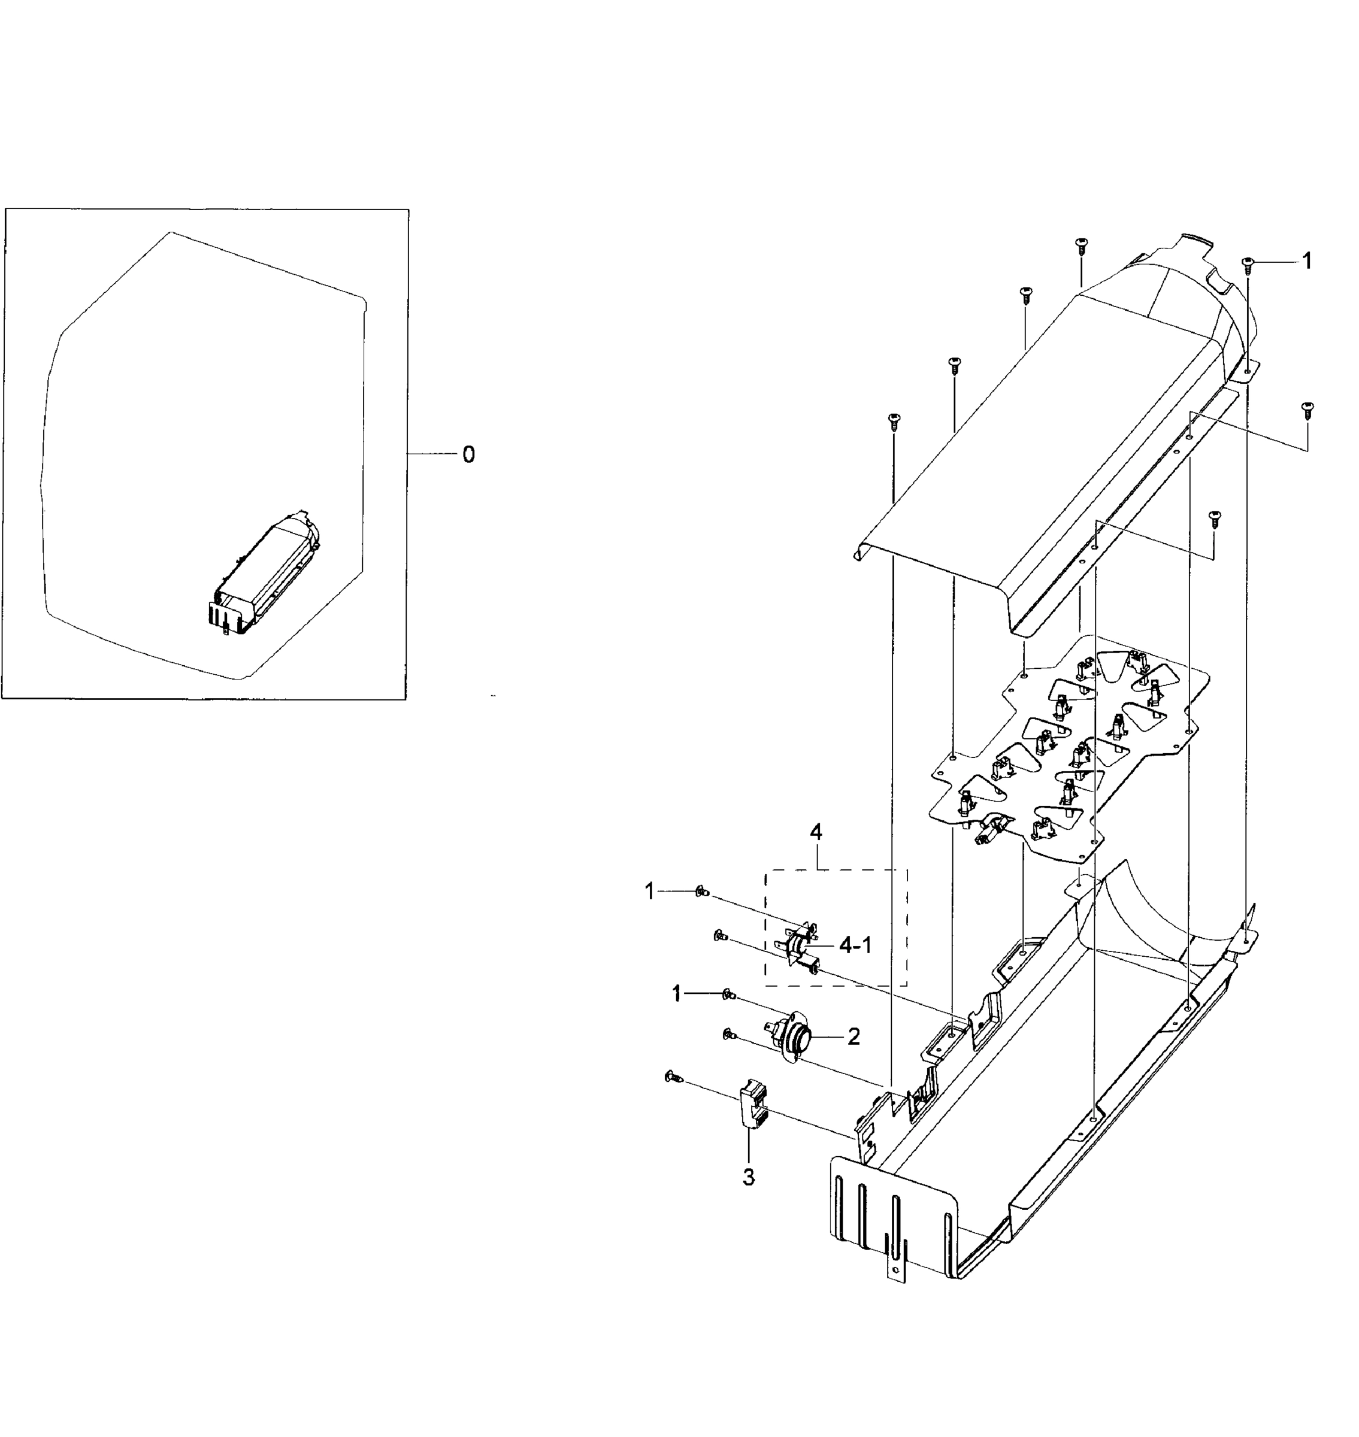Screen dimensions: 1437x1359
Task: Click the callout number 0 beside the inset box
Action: point(469,455)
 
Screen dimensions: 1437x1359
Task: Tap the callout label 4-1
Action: point(855,945)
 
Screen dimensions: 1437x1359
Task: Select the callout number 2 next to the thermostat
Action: point(854,1037)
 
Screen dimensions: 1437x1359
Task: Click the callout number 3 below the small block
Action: point(748,1178)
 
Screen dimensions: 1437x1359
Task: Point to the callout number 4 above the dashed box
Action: point(816,832)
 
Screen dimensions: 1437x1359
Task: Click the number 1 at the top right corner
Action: point(1307,260)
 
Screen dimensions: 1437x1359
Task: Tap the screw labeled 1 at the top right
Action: point(1248,265)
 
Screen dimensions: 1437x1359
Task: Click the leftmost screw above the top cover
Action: point(894,422)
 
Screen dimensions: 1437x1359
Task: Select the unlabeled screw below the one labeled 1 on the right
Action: point(1307,411)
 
